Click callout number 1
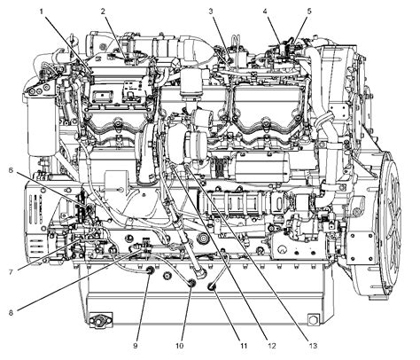(x=41, y=10)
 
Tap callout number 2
(x=103, y=10)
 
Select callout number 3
(x=211, y=10)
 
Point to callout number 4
(x=266, y=10)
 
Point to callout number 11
(x=219, y=346)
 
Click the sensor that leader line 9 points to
(x=149, y=271)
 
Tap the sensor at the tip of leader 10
(x=190, y=283)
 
